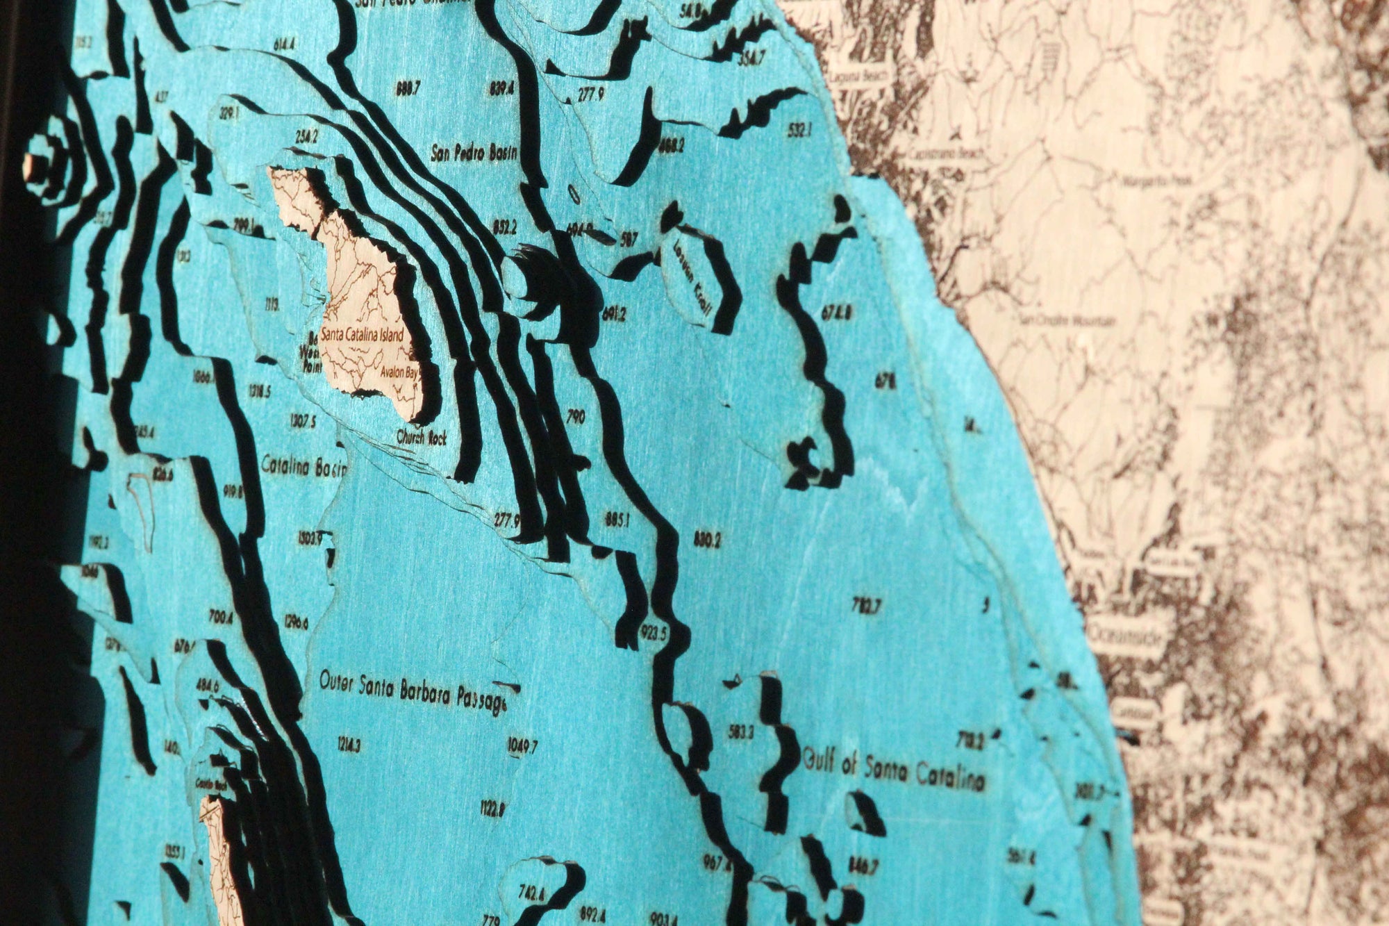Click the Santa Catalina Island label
[362, 336]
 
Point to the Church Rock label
[422, 438]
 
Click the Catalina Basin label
[303, 468]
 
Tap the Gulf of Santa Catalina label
[894, 770]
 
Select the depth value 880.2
[708, 538]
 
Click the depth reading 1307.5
[302, 421]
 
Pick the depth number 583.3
[742, 731]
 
